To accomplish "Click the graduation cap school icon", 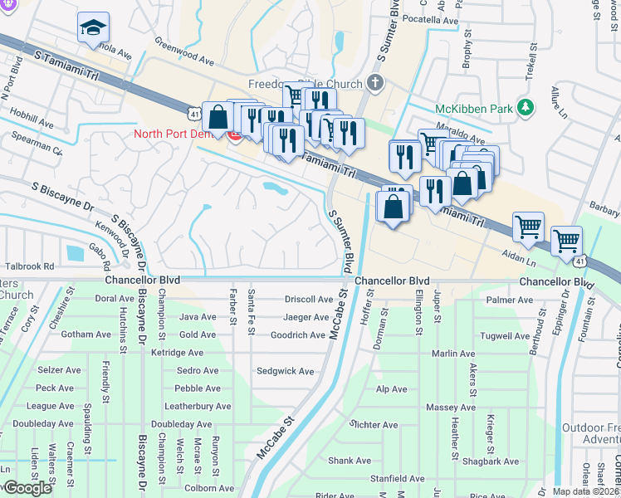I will pos(93,28).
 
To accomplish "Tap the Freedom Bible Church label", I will pos(304,84).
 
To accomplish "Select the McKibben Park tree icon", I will pos(524,107).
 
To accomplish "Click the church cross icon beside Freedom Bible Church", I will pos(375,82).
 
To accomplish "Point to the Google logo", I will pos(27,487).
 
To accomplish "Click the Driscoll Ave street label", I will pos(307,299).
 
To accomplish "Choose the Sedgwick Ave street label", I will pos(286,371).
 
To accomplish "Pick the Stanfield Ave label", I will pos(398,479).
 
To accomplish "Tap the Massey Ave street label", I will pos(451,408).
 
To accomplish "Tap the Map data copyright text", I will pos(584,491).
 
